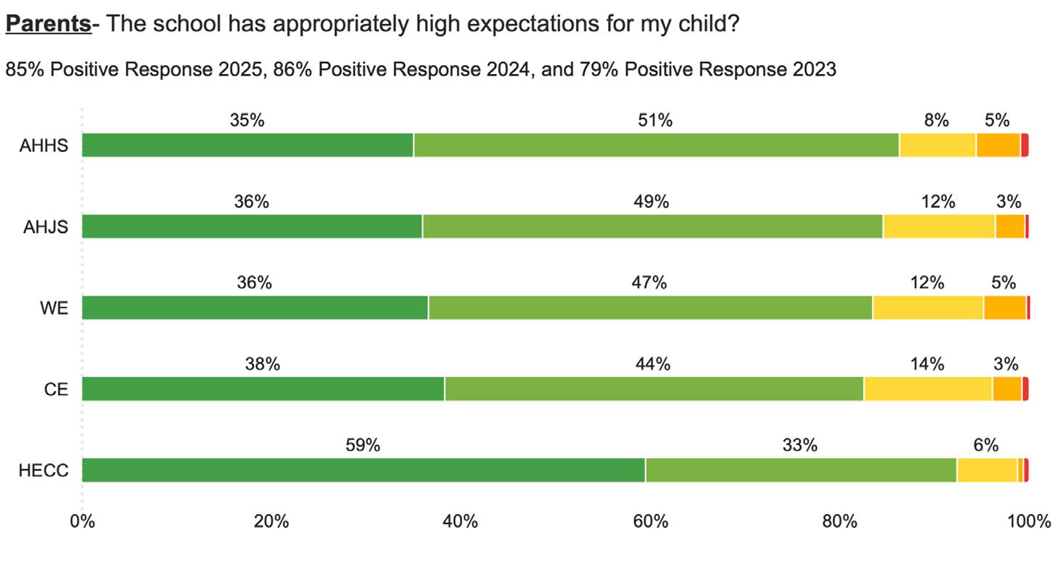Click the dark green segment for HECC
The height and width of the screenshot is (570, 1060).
point(363,470)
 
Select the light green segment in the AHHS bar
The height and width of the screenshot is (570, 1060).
point(656,145)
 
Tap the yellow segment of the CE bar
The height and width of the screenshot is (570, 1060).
point(928,389)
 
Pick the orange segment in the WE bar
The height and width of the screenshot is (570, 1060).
point(1005,308)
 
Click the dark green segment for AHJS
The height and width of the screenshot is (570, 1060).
point(252,227)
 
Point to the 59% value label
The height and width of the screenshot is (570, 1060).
point(363,445)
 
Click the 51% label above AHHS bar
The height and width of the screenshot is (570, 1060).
point(655,121)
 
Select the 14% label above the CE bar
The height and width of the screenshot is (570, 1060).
point(927,365)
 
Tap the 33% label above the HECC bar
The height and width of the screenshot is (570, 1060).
point(800,445)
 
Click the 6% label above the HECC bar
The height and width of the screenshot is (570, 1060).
point(986,445)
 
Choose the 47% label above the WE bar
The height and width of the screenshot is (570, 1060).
point(649,283)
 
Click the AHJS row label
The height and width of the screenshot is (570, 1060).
point(46,227)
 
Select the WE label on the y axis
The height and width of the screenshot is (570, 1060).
point(54,309)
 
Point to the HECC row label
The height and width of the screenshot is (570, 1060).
point(44,471)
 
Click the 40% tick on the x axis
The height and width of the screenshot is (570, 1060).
point(461,521)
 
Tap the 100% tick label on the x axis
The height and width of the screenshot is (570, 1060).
point(1030,521)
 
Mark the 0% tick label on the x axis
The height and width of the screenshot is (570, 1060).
point(82,521)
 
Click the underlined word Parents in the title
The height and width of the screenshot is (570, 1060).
point(48,24)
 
